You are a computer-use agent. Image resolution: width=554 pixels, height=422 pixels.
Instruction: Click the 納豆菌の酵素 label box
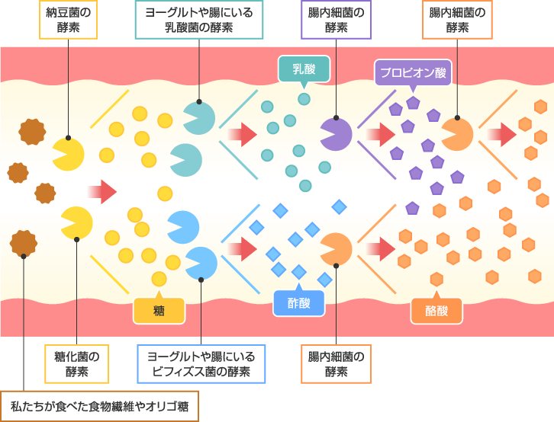(68, 20)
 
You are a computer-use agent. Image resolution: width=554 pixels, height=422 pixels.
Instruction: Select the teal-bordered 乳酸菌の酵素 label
(198, 20)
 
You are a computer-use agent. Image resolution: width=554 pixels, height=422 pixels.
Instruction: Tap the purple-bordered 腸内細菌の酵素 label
(336, 20)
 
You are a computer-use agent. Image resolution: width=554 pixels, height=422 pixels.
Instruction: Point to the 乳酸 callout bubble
(304, 69)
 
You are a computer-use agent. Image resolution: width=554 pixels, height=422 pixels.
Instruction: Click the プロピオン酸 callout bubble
(413, 73)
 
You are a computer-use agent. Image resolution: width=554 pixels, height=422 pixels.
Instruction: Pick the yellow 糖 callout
(159, 310)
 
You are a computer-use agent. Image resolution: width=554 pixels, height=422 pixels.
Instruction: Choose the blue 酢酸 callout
(298, 302)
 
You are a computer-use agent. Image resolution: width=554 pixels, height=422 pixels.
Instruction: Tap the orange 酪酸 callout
(436, 310)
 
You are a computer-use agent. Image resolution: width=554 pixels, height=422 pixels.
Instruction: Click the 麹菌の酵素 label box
(76, 363)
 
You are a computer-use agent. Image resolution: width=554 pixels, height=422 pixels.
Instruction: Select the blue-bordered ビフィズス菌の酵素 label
(201, 363)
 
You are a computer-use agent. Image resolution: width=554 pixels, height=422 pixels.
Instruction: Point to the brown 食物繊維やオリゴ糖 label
(99, 406)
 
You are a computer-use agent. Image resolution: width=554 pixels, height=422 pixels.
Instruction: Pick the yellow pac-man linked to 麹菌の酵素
(77, 223)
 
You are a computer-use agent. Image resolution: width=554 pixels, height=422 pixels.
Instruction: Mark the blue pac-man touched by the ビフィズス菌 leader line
(201, 263)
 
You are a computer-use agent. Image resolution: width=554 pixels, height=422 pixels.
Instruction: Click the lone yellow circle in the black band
(165, 193)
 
